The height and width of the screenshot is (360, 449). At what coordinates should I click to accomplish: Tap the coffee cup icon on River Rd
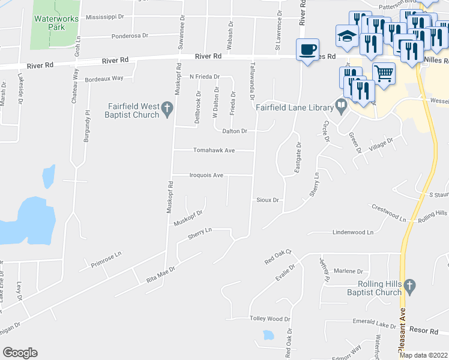(307, 49)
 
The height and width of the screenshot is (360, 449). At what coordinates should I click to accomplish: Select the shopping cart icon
(384, 73)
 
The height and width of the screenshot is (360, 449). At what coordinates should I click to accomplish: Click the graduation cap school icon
(347, 35)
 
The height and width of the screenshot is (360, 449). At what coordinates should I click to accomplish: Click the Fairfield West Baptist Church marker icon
(168, 108)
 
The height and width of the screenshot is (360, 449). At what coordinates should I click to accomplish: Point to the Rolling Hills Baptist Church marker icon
(410, 286)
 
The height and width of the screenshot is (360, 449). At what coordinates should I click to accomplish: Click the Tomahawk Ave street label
(212, 151)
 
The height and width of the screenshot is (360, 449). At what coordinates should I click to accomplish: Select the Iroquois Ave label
(206, 175)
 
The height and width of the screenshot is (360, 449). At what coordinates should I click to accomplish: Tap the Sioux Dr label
(268, 200)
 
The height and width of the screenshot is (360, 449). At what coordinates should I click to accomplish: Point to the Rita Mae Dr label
(160, 275)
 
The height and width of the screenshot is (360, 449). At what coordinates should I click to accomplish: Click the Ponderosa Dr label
(129, 36)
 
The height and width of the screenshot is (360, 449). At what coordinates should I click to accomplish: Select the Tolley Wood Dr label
(270, 319)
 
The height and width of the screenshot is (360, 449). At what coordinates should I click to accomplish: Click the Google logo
(20, 352)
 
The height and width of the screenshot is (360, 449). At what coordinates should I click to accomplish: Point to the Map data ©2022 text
(424, 355)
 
